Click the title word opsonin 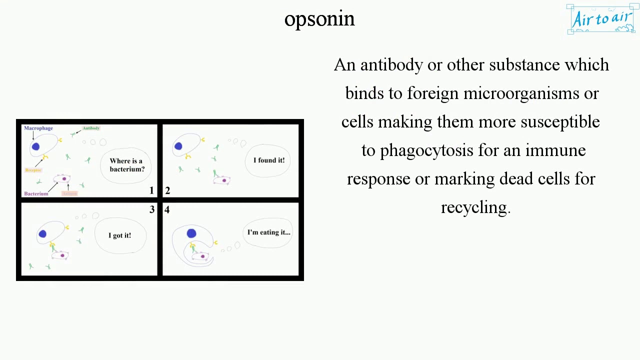click(x=319, y=19)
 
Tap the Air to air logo click(x=602, y=19)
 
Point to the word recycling click(x=474, y=207)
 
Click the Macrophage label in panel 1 click(x=38, y=128)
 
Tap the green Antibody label click(x=91, y=128)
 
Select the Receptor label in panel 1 click(x=33, y=170)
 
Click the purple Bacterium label click(x=36, y=193)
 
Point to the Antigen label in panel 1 click(x=69, y=193)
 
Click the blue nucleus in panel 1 click(x=35, y=146)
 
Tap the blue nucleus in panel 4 click(x=191, y=233)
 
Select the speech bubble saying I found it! click(x=269, y=160)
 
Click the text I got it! click(x=119, y=235)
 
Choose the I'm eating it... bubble click(x=268, y=232)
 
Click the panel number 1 click(x=151, y=190)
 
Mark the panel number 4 click(x=167, y=209)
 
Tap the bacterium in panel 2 click(x=222, y=180)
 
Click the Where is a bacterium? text click(x=126, y=165)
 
